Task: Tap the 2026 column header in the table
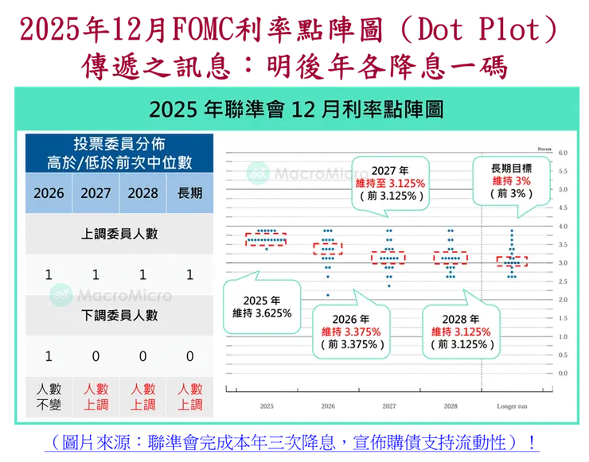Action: pos(49,193)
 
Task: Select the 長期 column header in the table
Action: pos(189,193)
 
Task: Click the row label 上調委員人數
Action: pos(119,235)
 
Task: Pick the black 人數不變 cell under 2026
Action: pos(49,397)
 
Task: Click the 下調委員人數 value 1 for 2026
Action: pos(49,355)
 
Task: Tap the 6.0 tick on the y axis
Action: pos(562,153)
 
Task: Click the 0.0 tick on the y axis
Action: pos(562,373)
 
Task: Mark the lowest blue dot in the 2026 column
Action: pos(327,295)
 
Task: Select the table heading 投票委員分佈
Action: pos(119,145)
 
